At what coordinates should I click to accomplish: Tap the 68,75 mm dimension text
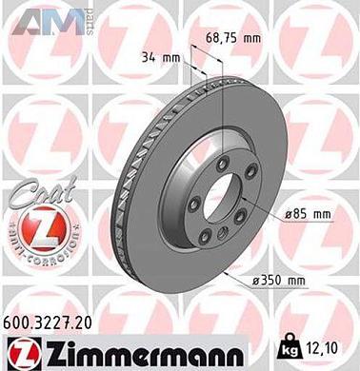(x=232, y=39)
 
